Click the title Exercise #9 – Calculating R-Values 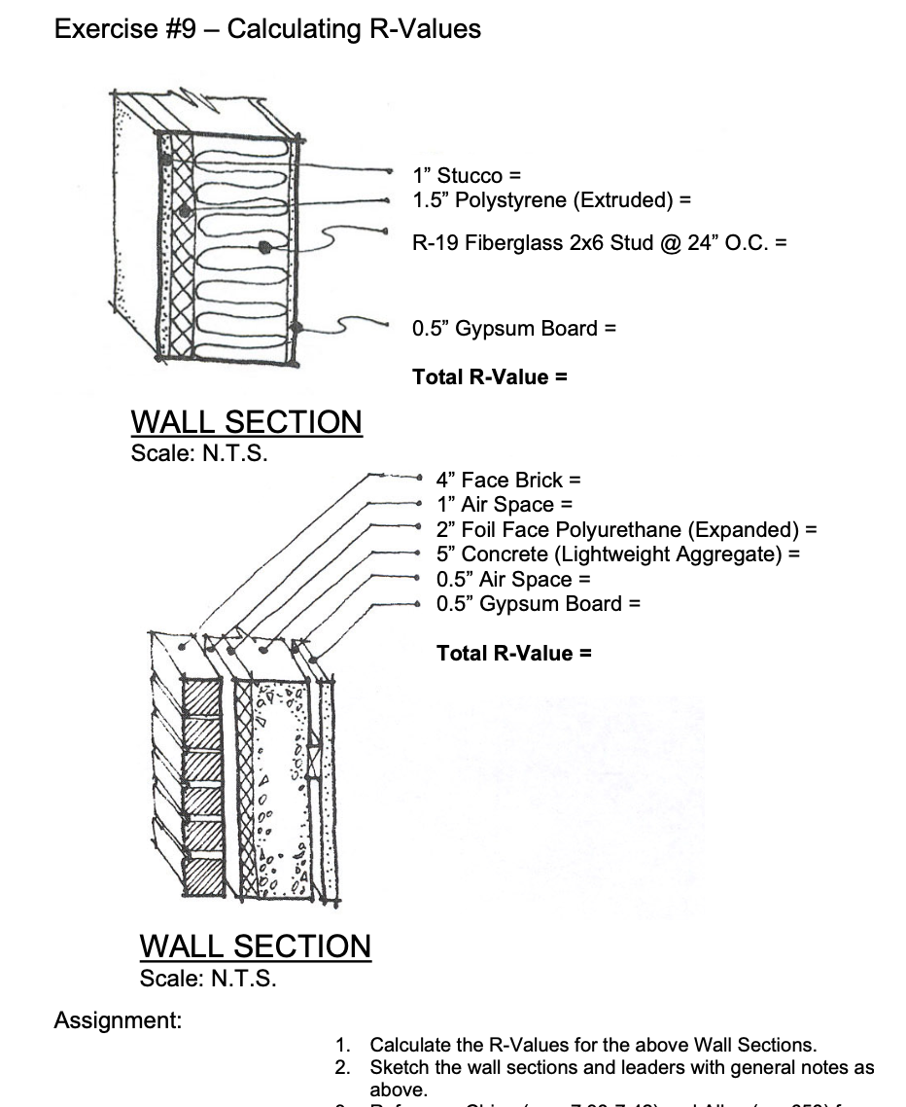267,29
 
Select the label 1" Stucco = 467,176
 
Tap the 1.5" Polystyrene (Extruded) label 551,200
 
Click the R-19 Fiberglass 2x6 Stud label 599,242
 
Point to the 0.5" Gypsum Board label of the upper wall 514,328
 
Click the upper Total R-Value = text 489,376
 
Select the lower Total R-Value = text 513,653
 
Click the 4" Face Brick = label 507,480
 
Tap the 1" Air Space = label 504,505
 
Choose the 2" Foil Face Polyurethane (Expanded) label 626,530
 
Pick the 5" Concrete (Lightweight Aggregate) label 617,554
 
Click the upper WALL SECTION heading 246,422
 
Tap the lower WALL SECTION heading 255,946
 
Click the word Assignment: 118,1020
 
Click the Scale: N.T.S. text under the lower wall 208,979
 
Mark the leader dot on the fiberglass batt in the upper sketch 264,246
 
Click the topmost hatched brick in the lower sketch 203,698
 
